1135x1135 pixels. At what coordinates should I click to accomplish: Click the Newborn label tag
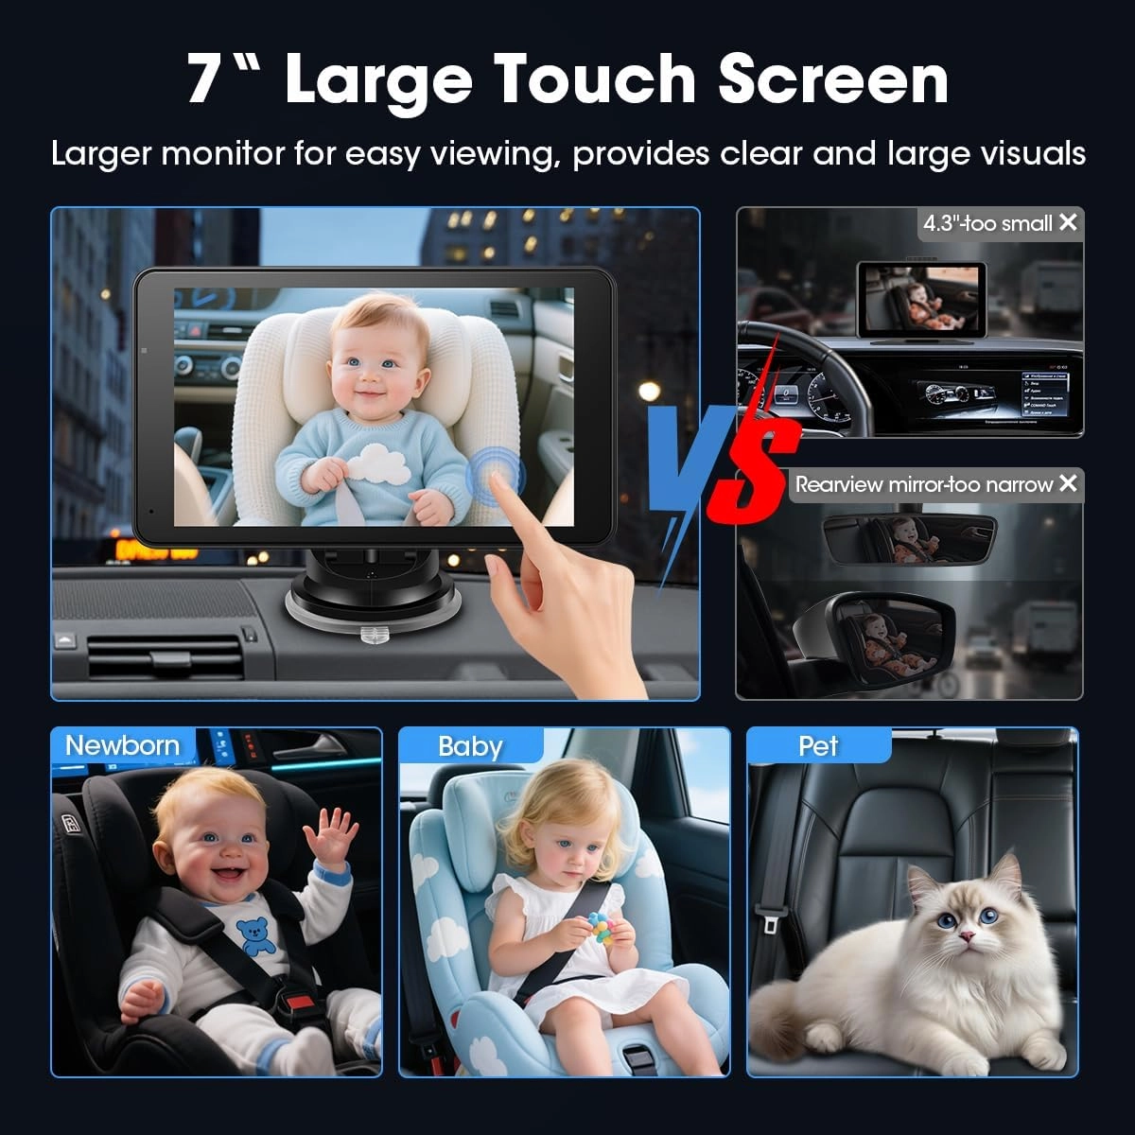(122, 745)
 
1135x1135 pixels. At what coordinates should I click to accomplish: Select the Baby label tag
(469, 746)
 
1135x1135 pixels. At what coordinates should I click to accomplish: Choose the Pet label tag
(818, 746)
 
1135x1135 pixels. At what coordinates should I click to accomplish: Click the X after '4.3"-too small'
(1068, 222)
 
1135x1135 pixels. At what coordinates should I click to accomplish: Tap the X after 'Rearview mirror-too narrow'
(1068, 483)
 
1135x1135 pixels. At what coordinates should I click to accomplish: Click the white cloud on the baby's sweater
(377, 463)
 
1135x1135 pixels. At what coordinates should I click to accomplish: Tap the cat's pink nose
(967, 935)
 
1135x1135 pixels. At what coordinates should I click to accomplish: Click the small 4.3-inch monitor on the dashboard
(920, 297)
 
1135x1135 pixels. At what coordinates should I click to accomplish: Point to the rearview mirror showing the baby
(909, 539)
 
